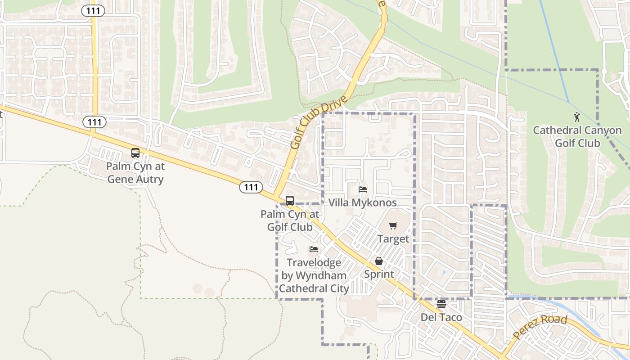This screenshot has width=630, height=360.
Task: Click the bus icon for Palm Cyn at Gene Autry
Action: point(135,153)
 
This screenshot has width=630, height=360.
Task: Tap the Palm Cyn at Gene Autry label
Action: point(135,173)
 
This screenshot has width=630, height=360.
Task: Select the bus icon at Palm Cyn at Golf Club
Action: point(290,201)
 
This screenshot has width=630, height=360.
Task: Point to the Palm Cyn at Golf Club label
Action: point(290,220)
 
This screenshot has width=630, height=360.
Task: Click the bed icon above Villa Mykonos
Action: point(363,189)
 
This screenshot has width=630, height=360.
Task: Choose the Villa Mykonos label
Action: point(363,202)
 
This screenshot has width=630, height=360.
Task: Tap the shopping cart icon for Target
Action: point(393,225)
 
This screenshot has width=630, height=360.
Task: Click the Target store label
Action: point(393,239)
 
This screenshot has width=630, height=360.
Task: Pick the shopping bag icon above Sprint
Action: point(379,261)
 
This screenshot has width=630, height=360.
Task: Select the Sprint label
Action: point(379,274)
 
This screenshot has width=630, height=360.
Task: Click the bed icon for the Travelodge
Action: point(314,249)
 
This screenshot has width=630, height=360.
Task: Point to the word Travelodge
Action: point(314,262)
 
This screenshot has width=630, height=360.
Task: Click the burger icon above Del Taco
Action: point(441,304)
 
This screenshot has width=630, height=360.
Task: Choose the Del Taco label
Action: point(441,317)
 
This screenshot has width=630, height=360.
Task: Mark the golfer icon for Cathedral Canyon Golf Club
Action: point(577,117)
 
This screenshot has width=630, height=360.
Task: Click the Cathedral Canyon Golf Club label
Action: point(577,137)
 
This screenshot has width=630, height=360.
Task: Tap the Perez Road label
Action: point(540,328)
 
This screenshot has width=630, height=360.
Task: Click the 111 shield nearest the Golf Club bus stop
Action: point(251,187)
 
